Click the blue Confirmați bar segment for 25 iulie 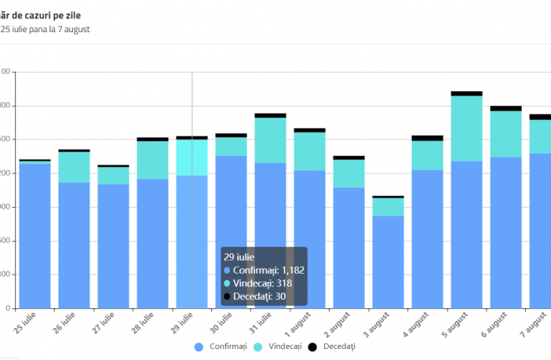point(35,235)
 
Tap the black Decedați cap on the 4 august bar point(427,138)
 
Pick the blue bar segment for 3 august point(388,262)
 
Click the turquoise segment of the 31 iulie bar point(270,140)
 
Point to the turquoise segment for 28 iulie point(152,160)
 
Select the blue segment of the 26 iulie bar point(74,245)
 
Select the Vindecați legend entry point(279,346)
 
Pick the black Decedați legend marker point(312,346)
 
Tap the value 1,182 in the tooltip point(293,270)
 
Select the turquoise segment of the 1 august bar point(309,151)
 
